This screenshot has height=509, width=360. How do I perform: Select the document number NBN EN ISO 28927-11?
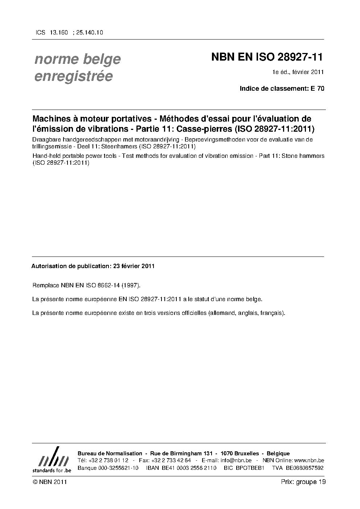267,57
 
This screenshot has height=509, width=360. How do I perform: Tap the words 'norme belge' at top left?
77,59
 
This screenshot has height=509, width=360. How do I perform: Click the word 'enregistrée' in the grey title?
73,76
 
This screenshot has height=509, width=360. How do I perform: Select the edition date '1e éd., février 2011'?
298,72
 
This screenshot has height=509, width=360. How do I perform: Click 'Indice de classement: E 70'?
282,88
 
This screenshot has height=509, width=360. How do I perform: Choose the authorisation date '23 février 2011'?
134,266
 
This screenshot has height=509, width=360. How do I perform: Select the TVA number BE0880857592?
304,468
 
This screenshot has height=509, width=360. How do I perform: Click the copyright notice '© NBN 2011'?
49,482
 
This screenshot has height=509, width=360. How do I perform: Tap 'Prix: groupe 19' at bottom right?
303,482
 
